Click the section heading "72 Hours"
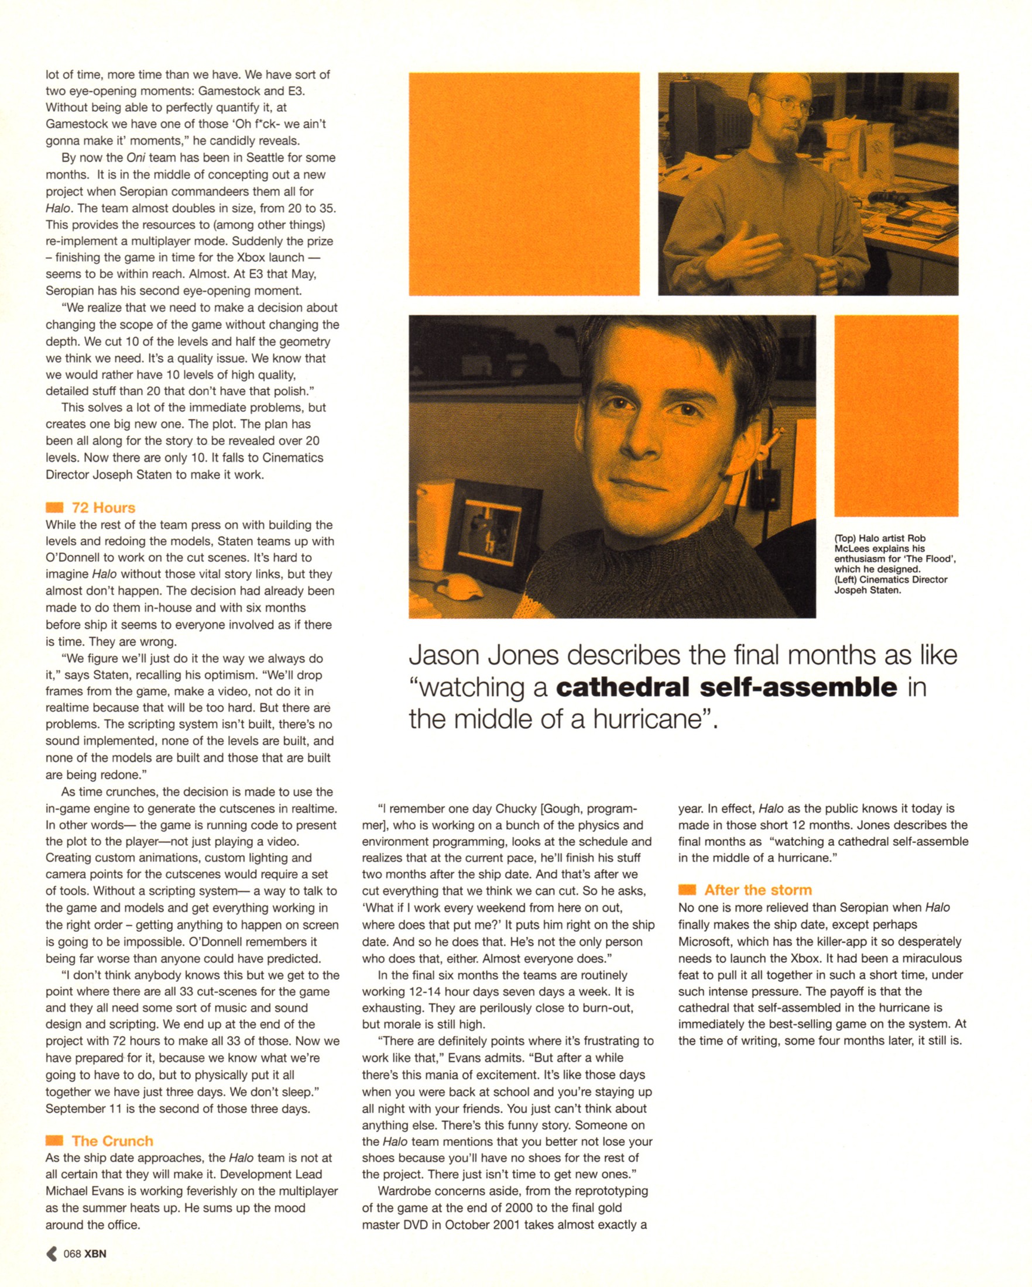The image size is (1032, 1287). click(104, 507)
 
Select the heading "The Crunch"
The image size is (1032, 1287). click(112, 1141)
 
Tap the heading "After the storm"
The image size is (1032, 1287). click(758, 890)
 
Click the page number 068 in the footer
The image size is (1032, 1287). click(71, 1254)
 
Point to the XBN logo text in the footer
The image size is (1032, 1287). click(95, 1254)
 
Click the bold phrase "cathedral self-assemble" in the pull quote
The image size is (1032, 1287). click(726, 687)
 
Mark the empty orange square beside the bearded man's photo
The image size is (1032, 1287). click(524, 184)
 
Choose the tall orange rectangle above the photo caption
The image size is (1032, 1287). click(896, 415)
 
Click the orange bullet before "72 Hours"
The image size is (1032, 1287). click(54, 507)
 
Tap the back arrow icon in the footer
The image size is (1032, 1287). click(52, 1254)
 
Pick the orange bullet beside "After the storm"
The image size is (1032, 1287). click(687, 890)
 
